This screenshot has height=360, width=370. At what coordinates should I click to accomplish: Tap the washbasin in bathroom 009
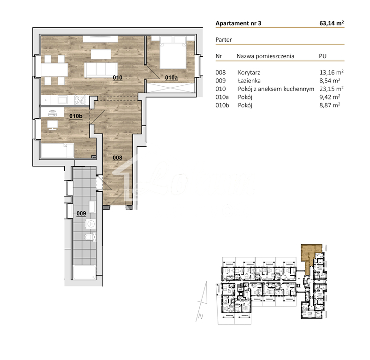coord(92,207)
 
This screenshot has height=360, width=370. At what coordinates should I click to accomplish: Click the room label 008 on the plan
coord(117,158)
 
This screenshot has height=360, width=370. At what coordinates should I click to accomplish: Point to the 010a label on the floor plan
coord(171,77)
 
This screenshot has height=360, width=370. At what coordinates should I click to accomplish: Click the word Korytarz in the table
coord(248,72)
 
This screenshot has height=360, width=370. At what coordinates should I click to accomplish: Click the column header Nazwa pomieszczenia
coord(265,56)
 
